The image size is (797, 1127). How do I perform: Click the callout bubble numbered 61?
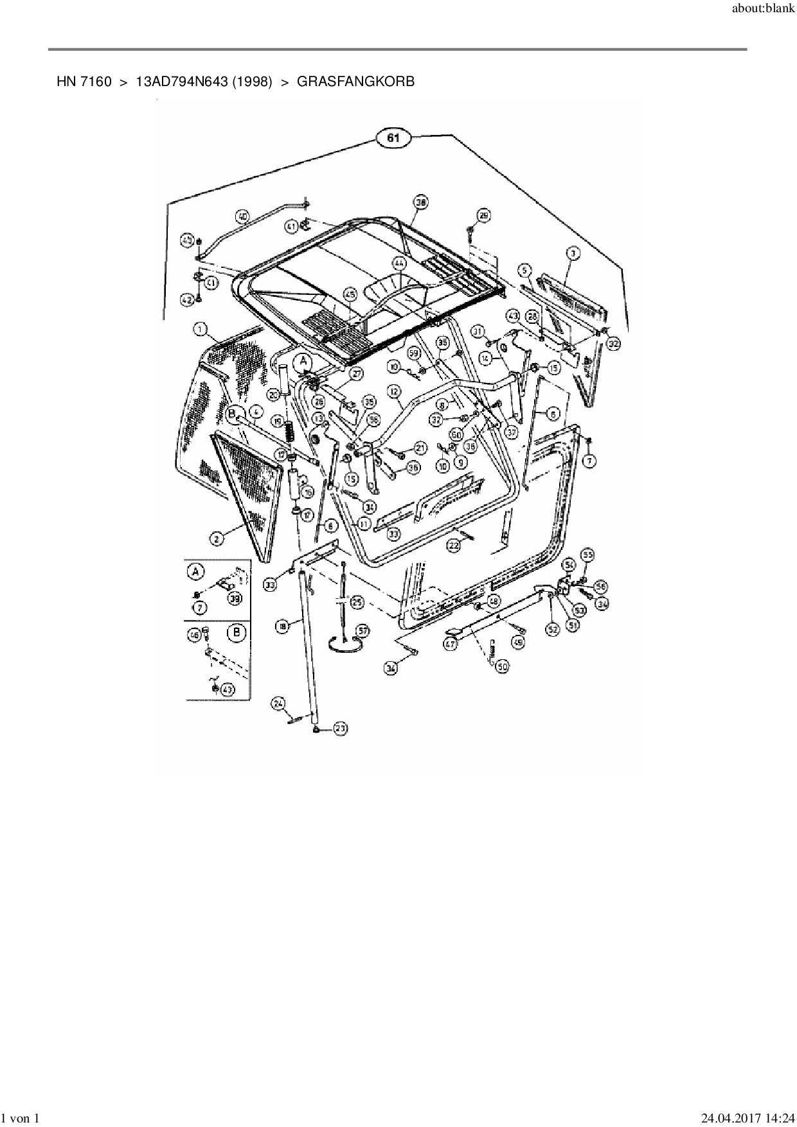(x=393, y=138)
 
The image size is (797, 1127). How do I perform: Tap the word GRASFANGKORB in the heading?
(x=355, y=82)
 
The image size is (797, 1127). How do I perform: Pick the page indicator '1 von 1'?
(x=21, y=1118)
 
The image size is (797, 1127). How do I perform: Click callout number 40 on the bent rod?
(x=242, y=217)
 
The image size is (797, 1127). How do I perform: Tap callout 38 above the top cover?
(x=420, y=203)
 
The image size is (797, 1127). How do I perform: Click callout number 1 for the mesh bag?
(x=201, y=330)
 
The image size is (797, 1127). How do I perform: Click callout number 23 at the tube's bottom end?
(x=340, y=728)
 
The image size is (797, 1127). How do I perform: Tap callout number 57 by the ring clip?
(x=363, y=631)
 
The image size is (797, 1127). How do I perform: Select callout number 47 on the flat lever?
(x=450, y=642)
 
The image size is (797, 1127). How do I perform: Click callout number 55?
(x=587, y=555)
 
